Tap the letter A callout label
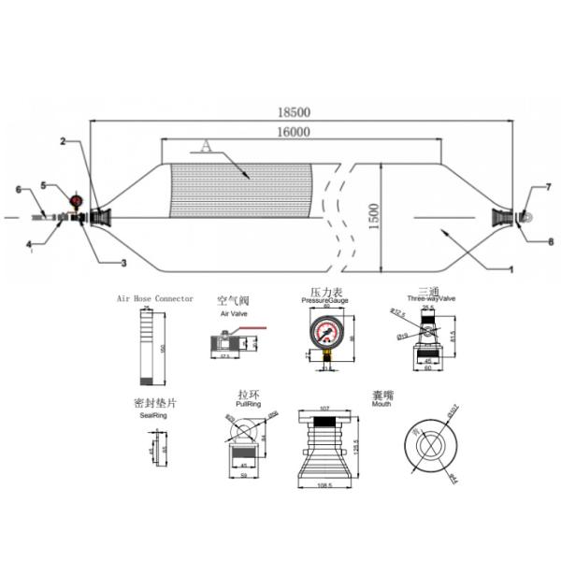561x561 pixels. click(207, 146)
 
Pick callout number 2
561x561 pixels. click(63, 142)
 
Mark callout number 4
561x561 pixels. click(29, 246)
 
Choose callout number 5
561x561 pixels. click(43, 185)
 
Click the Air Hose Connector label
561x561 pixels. click(154, 298)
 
